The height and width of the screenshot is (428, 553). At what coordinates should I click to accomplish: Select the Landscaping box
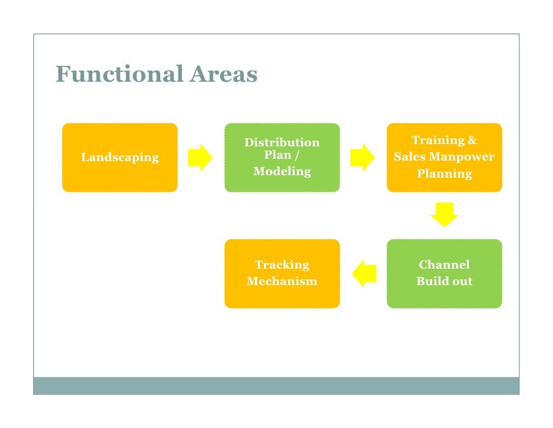[120, 158]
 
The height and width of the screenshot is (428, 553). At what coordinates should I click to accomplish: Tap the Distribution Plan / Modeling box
[282, 158]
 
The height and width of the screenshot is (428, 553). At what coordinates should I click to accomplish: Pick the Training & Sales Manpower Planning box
[444, 158]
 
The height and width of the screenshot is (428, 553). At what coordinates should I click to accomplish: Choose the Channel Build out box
[444, 273]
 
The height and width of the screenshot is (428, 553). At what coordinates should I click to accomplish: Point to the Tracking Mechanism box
[282, 273]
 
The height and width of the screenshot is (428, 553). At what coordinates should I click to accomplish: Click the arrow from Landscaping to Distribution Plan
[200, 158]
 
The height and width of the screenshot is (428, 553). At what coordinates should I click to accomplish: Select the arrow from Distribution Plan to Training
[362, 158]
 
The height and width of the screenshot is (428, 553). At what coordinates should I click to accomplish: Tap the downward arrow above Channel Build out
[444, 215]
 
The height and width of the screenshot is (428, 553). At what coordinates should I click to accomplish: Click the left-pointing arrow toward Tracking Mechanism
[364, 273]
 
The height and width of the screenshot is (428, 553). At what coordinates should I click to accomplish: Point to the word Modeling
[282, 172]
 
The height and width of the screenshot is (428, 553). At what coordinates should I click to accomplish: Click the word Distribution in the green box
[282, 143]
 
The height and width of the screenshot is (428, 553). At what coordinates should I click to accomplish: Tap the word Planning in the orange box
[444, 174]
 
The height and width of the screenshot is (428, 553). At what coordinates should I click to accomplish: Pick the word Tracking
[282, 265]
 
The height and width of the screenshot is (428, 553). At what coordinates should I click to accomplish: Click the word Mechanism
[282, 282]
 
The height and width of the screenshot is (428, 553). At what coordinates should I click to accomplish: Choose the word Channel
[444, 265]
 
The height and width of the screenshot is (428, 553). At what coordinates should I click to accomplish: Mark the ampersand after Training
[472, 141]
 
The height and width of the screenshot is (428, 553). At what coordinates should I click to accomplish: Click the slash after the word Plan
[297, 155]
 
